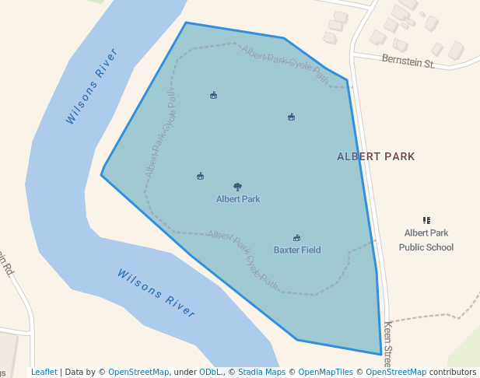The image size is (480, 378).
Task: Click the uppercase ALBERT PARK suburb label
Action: (x=376, y=156)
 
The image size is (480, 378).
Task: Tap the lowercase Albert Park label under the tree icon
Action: (x=238, y=199)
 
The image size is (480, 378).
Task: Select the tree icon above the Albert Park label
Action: (x=238, y=187)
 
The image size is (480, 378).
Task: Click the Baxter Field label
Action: (x=297, y=250)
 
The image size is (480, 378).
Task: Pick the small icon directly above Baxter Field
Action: (x=296, y=238)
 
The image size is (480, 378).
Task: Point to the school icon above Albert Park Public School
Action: (x=426, y=221)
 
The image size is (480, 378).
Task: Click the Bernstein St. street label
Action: (x=408, y=60)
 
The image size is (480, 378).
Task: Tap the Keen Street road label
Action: (x=387, y=340)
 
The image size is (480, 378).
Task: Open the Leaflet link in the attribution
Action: (x=44, y=372)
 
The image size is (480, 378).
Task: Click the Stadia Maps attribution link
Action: (x=261, y=372)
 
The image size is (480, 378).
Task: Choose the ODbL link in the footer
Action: (x=208, y=372)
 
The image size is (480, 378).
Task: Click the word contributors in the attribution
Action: (x=453, y=372)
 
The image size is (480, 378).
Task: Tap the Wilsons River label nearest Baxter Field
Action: (x=156, y=292)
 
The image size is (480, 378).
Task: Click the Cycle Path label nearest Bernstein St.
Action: (x=285, y=63)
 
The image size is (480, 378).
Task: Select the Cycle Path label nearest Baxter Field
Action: (x=243, y=257)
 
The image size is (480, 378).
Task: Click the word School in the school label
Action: (x=440, y=247)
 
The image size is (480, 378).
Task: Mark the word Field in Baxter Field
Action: (x=310, y=250)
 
